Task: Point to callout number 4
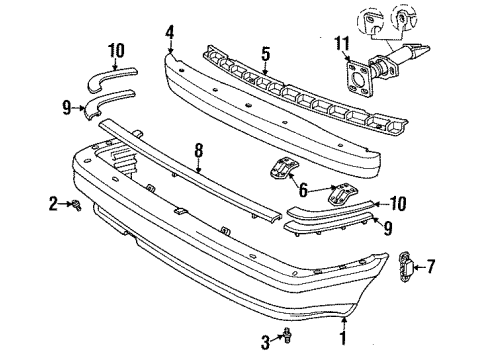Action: point(171,33)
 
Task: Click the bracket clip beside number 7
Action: point(405,265)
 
